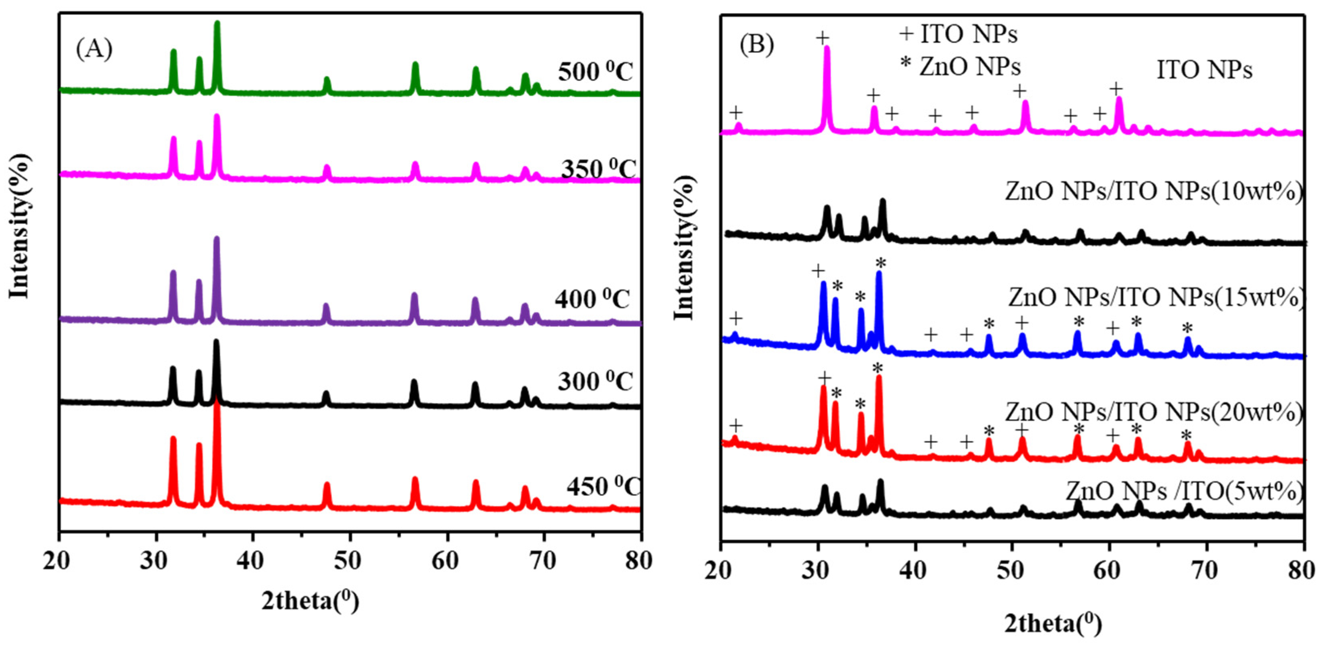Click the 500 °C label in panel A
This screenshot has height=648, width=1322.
coord(596,72)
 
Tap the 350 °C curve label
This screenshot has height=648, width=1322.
coord(598,169)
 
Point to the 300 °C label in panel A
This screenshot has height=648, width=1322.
coord(595,381)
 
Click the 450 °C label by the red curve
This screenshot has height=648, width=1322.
coord(603,486)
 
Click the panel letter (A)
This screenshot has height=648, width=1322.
coord(94,50)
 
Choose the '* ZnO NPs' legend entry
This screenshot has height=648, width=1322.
coord(960,66)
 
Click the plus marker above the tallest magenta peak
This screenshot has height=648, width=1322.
coord(822,37)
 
